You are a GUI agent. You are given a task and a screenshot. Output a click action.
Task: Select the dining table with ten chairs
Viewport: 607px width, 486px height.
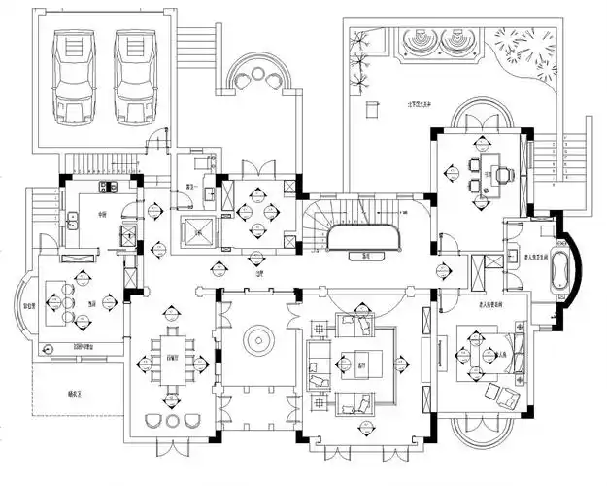(x=176, y=359)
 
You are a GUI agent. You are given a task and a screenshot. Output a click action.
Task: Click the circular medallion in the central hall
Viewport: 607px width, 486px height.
(x=259, y=341)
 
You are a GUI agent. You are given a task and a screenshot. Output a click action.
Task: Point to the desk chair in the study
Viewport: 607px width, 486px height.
(x=507, y=174)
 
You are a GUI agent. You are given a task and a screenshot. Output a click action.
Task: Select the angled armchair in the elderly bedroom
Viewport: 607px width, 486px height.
(x=504, y=393)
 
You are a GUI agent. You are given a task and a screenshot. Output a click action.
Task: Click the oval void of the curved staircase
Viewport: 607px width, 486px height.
(x=363, y=238)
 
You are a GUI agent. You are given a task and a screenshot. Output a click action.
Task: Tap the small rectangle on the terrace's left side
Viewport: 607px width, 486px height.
(x=371, y=110)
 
